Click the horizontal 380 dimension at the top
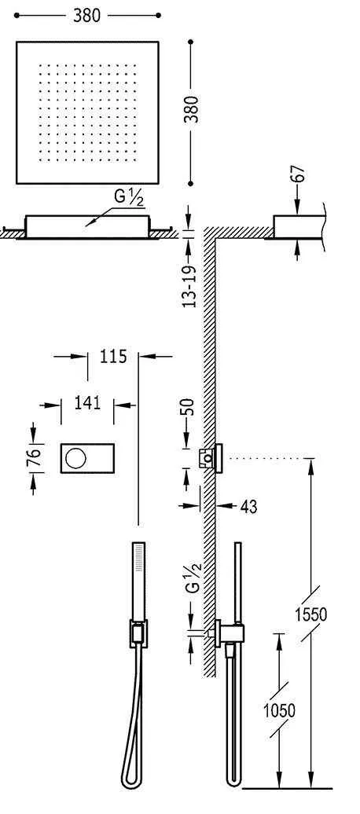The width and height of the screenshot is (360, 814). click(86, 15)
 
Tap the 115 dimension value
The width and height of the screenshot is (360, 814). click(113, 357)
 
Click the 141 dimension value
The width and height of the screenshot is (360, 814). click(87, 403)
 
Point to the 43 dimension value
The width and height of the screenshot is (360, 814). click(248, 508)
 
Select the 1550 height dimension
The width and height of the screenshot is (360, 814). click(312, 614)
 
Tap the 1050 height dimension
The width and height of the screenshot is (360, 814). click(279, 711)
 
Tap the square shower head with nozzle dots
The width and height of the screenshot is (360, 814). click(87, 112)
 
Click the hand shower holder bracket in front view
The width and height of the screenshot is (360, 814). click(138, 633)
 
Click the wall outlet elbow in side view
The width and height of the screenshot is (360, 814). click(230, 632)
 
